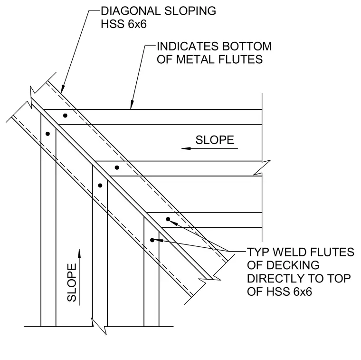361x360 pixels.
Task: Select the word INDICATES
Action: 188,46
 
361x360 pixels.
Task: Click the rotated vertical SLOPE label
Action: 72,282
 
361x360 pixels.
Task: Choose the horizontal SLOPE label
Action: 215,140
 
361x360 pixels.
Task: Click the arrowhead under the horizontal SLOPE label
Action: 186,148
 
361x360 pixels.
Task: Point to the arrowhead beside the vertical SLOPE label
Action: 79,253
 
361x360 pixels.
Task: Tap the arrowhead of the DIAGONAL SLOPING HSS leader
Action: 62,89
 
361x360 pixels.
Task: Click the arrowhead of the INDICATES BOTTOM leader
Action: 132,105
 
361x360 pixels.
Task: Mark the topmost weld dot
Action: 65,116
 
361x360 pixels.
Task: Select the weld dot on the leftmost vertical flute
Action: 47,134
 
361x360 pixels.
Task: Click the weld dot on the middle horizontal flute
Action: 117,167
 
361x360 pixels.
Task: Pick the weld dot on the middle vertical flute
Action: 100,185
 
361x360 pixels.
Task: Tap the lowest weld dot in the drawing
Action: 152,240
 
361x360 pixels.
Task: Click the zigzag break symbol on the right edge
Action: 262,167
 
